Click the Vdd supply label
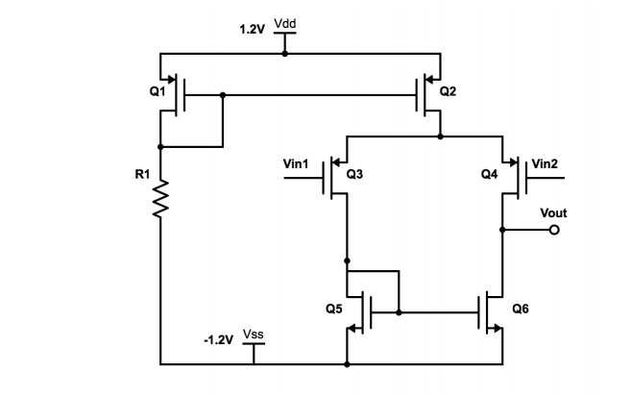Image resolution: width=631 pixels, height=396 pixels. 285,23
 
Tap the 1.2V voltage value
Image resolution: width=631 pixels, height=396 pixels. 252,30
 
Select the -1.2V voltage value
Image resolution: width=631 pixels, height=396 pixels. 219,340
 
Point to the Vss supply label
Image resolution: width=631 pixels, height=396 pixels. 254,334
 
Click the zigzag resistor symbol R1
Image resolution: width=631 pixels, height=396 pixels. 160,199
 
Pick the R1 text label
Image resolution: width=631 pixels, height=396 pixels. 142,174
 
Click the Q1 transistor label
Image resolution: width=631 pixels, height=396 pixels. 158,91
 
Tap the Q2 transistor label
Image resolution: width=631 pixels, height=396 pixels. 448,91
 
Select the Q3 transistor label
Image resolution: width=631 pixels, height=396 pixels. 354,174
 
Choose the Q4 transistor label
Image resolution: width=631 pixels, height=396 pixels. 490,174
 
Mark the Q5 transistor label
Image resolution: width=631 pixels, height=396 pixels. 334,309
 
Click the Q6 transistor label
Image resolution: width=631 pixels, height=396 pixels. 521,309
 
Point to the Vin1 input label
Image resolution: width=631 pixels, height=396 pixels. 296,164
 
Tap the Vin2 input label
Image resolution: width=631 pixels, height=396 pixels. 545,164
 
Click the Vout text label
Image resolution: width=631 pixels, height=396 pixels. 553,212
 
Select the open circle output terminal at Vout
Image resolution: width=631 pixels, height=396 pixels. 554,230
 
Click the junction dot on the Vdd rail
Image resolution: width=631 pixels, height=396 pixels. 285,54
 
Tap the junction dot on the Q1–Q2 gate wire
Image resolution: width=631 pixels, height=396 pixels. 223,95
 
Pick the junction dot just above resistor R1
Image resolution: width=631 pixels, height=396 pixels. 160,147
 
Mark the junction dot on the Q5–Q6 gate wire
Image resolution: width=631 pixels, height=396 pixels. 399,312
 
